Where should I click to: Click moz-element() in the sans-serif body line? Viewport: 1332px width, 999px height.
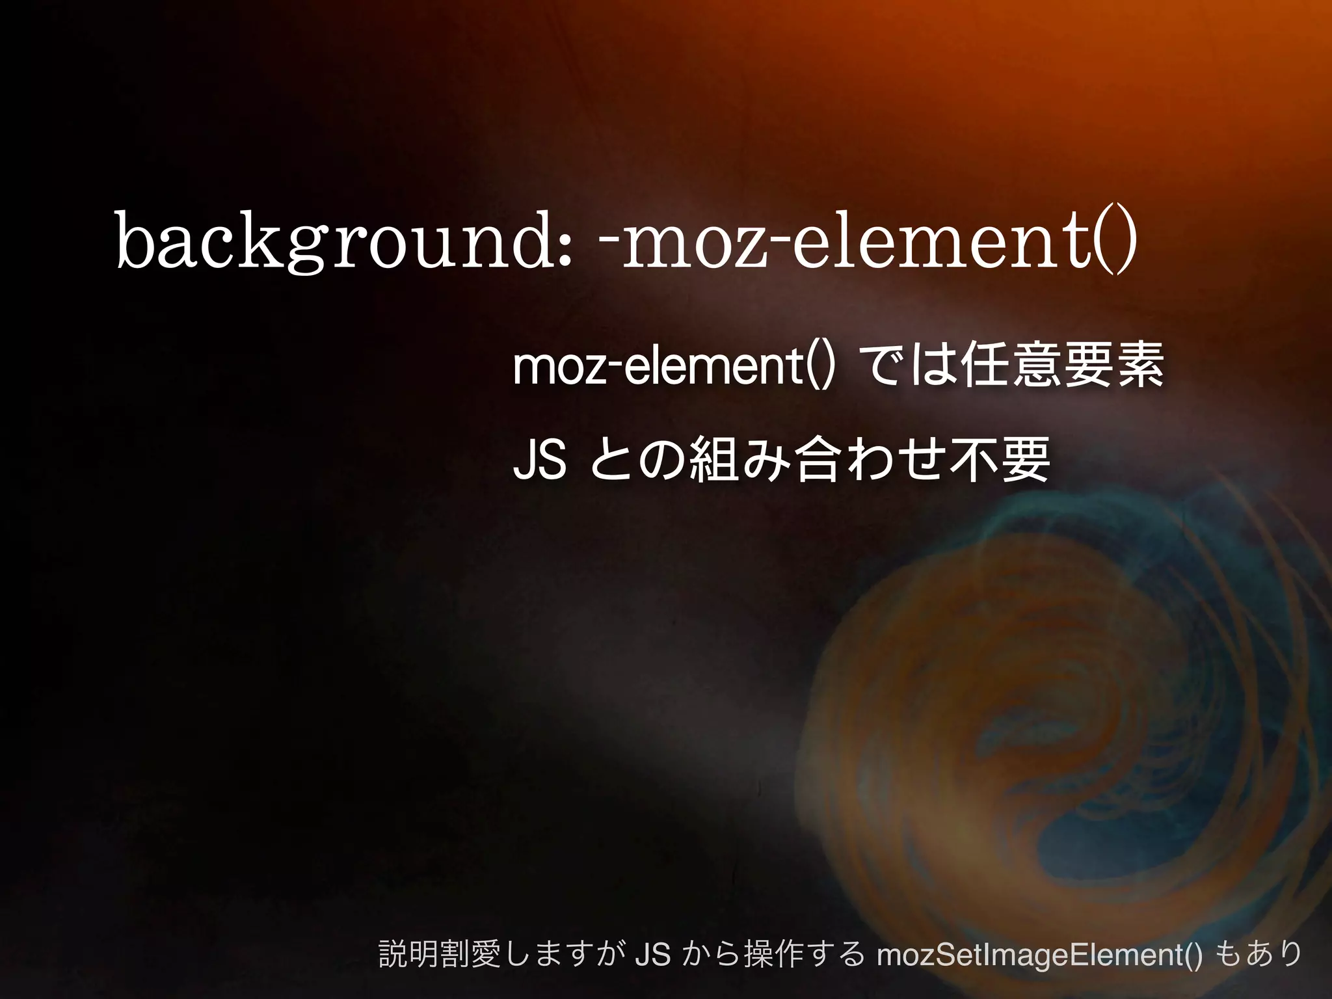[673, 367]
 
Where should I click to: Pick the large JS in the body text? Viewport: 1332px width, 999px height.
[539, 460]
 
